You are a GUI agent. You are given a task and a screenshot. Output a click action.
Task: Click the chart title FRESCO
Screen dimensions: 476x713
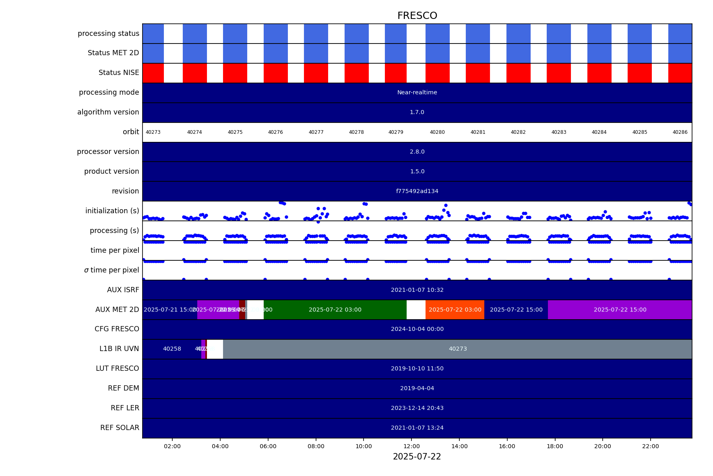click(417, 16)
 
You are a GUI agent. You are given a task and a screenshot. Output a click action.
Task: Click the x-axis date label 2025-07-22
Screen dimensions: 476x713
click(417, 457)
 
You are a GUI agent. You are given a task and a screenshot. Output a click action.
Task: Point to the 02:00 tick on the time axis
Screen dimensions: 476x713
click(172, 446)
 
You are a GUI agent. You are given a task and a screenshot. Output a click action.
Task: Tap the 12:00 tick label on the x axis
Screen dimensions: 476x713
click(411, 446)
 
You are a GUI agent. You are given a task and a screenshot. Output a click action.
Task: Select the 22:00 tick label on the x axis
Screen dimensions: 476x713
click(651, 446)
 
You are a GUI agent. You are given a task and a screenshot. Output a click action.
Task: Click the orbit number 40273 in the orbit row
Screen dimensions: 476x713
click(153, 132)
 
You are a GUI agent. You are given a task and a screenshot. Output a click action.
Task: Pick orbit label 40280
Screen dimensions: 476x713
click(437, 132)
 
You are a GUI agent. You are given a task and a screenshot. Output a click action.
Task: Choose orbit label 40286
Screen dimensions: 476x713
click(680, 132)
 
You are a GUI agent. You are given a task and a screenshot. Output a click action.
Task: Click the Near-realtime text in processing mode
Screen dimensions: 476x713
click(417, 93)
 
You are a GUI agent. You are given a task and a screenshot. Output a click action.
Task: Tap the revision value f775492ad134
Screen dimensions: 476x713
click(417, 191)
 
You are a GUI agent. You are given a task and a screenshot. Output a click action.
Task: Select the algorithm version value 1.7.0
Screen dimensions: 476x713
click(417, 112)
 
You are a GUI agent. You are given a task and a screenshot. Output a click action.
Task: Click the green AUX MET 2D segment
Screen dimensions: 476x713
click(335, 310)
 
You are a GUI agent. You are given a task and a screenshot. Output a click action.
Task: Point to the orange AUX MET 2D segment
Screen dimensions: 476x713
click(455, 310)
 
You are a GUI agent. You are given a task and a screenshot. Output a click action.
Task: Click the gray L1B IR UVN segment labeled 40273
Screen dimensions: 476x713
click(458, 349)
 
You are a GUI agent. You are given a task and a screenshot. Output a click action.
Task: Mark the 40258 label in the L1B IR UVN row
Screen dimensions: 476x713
click(172, 349)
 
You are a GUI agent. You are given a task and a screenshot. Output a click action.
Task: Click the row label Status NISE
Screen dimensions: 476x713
click(119, 73)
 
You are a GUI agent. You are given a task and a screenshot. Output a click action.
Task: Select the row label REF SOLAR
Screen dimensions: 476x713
click(120, 428)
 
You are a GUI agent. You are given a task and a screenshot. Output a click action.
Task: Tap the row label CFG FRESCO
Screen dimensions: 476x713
click(117, 329)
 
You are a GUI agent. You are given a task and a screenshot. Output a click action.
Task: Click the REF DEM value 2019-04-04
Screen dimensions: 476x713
click(417, 389)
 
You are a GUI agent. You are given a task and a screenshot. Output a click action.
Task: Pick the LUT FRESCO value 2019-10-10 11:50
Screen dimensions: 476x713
click(417, 369)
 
